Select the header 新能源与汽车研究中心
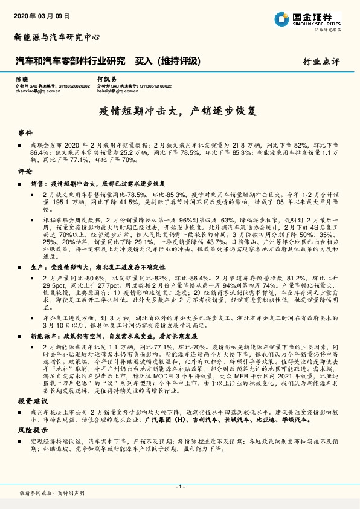pyautogui.click(x=57, y=37)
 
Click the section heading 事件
pyautogui.click(x=24, y=132)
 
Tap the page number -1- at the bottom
pyautogui.click(x=180, y=487)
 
